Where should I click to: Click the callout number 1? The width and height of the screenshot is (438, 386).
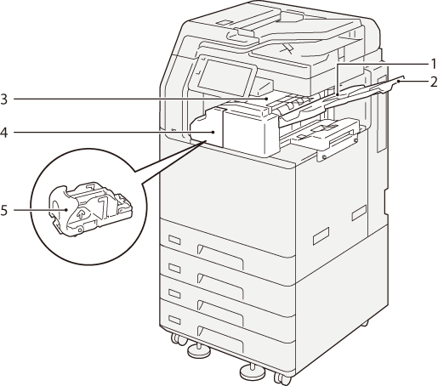pos(433,64)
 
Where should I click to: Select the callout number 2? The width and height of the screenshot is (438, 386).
pos(434,82)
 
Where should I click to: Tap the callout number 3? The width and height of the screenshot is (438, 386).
pos(4,99)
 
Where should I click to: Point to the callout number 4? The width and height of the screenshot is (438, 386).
pos(4,132)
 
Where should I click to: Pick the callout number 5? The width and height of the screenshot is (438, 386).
pos(4,210)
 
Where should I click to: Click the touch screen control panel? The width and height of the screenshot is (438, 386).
pos(223,77)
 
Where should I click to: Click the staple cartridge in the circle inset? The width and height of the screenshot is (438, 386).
pos(90,209)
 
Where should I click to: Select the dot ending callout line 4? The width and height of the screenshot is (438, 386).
pos(213,132)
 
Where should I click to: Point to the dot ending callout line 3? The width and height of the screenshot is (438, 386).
pos(267,99)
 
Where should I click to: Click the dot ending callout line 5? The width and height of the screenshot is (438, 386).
pos(65,210)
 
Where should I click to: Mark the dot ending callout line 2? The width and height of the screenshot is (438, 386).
pos(399,82)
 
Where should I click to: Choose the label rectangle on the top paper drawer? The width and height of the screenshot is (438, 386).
pos(174,240)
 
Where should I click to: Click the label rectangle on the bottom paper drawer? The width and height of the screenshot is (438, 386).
pos(174,320)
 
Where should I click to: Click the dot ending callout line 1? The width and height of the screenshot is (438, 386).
pos(338,93)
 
